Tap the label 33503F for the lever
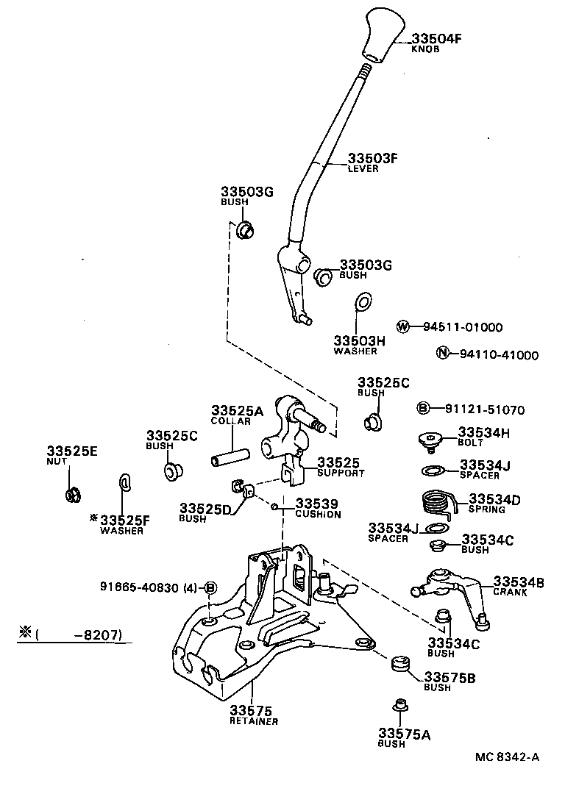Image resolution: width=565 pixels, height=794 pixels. tap(372, 158)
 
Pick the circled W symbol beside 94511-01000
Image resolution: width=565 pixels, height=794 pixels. tap(402, 326)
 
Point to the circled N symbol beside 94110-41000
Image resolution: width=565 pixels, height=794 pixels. tap(442, 354)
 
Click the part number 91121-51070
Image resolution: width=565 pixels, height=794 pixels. tap(485, 409)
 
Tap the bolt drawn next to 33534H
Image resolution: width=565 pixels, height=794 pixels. tap(429, 441)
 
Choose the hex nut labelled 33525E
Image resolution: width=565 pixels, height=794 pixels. tap(72, 494)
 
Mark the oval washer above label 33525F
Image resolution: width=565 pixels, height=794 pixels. tap(124, 482)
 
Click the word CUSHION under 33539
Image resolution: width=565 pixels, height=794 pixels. tap(318, 515)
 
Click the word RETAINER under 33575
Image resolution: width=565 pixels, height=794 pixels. tap(252, 721)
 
